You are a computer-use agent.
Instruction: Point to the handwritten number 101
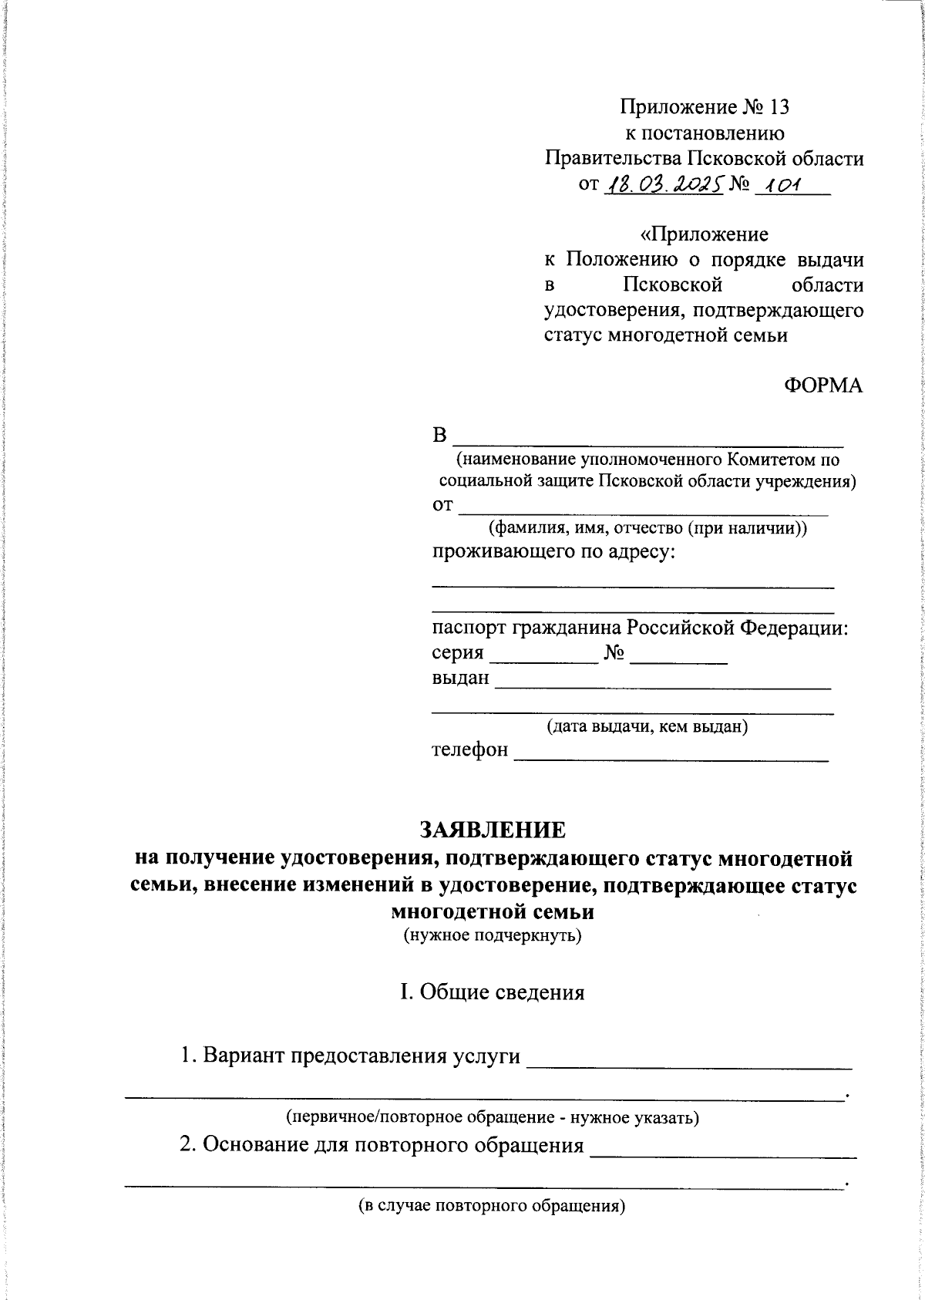(779, 185)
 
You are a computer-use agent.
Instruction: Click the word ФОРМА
(823, 386)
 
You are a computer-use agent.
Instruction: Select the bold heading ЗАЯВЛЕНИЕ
(492, 830)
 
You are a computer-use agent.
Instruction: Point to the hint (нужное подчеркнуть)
(492, 937)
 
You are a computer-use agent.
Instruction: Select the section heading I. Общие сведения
(492, 992)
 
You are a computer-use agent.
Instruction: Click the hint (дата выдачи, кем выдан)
(647, 726)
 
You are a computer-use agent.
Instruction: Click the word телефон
(470, 749)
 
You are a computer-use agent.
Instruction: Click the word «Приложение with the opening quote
(704, 234)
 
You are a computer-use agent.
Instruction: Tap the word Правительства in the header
(611, 159)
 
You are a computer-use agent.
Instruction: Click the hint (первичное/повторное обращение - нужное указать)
(493, 1116)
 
